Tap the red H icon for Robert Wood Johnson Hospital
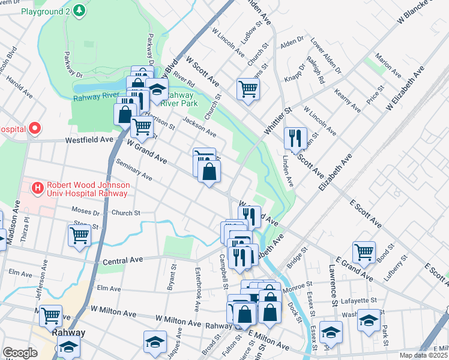tap(38, 188)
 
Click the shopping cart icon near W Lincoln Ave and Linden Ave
tap(247, 89)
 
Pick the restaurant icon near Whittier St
tap(295, 138)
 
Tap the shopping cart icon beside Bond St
tap(364, 252)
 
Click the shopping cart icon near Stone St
tap(79, 235)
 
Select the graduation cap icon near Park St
tap(368, 320)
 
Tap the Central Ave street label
tap(122, 262)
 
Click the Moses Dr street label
tap(86, 212)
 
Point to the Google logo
tap(20, 353)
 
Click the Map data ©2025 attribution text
tap(424, 355)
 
